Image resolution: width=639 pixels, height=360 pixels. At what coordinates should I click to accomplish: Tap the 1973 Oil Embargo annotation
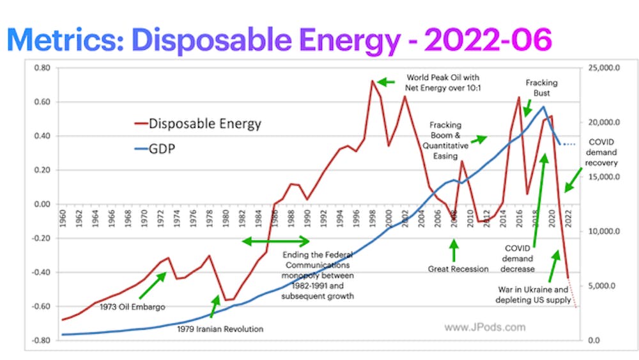(x=132, y=307)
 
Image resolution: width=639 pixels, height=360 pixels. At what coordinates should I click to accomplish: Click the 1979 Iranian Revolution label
(x=220, y=329)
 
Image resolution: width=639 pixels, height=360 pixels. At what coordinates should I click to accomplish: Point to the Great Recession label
(x=458, y=269)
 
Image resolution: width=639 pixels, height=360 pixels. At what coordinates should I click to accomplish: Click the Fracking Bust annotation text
(x=541, y=88)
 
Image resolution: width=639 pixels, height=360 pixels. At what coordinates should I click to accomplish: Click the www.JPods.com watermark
(x=484, y=327)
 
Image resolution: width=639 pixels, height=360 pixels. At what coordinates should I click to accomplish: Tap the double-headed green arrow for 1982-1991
(x=275, y=241)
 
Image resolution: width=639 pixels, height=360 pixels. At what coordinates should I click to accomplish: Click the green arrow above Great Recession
(x=454, y=250)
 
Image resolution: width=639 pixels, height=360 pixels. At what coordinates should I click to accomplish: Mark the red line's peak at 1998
(x=372, y=81)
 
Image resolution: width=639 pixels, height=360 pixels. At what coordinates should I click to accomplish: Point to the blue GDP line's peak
(x=544, y=107)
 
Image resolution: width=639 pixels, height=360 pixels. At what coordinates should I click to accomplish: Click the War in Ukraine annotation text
(x=534, y=294)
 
